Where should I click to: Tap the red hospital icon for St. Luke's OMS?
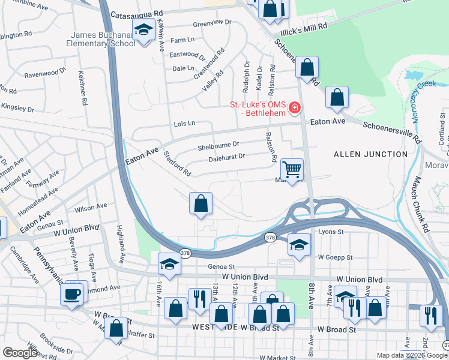(294, 108)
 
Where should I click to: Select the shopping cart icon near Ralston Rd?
(292, 170)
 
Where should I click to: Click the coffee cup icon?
(71, 294)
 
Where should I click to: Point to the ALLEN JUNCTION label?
(370, 154)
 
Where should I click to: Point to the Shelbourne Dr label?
(218, 145)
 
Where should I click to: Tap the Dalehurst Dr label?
(227, 157)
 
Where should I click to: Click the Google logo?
(20, 353)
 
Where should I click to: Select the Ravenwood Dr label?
(45, 74)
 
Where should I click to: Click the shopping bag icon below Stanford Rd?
(201, 203)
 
